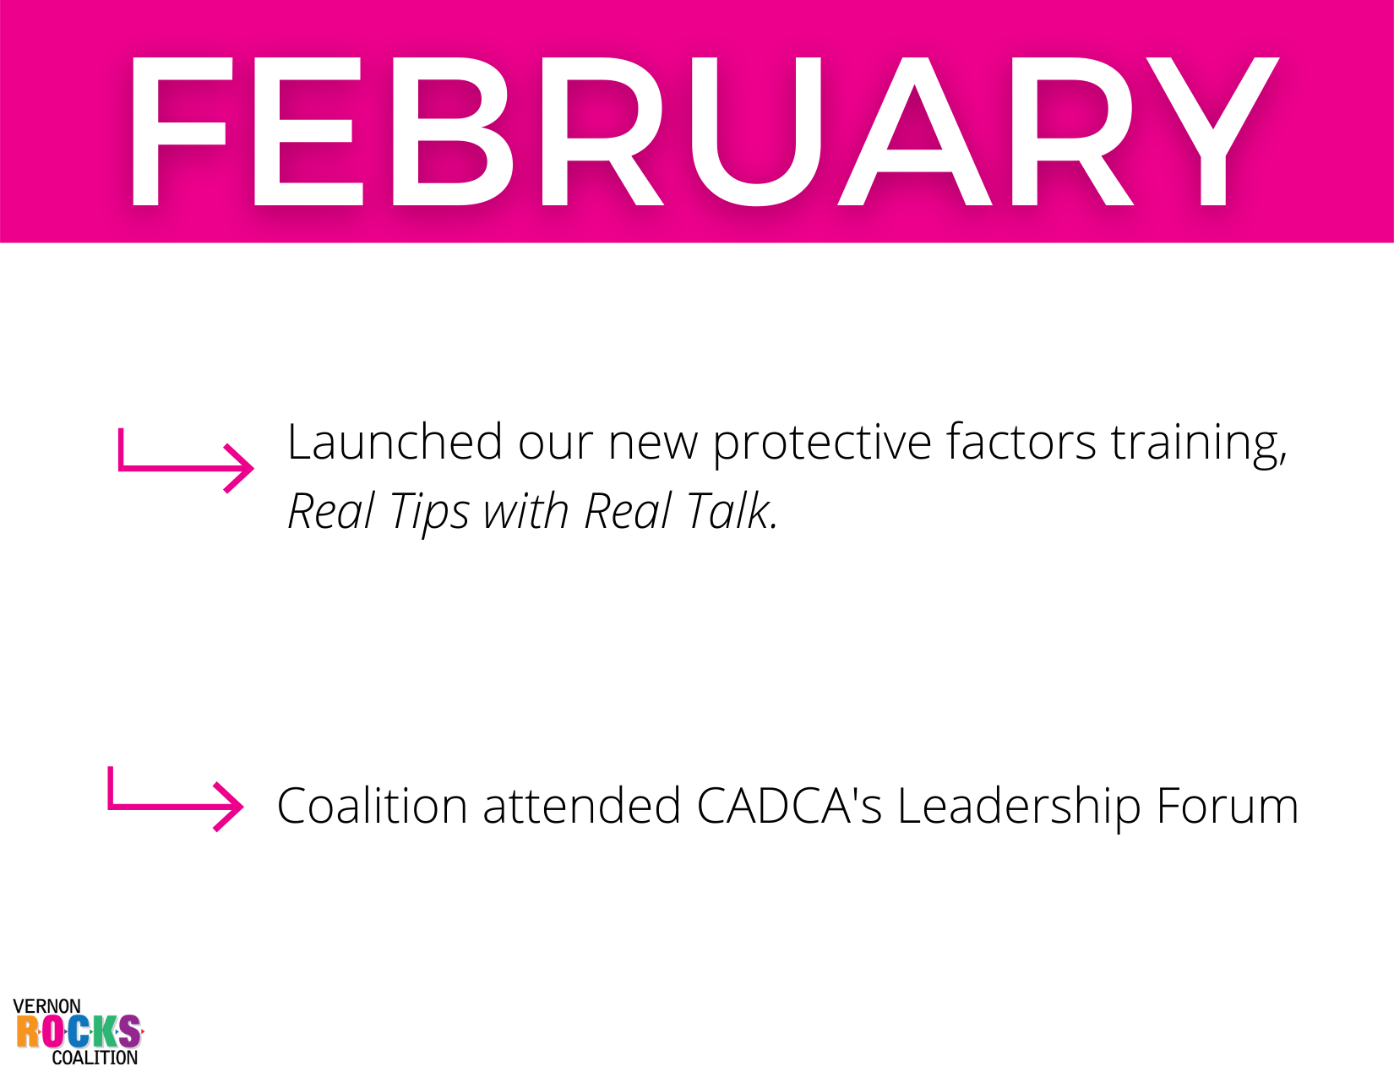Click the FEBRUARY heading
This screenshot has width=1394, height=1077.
tap(705, 131)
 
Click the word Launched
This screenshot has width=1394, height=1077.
tap(394, 442)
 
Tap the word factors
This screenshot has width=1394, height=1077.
tap(1021, 442)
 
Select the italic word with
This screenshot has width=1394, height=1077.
tap(526, 510)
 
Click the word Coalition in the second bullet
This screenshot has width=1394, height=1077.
tap(372, 806)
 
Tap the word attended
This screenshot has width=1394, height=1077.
tap(582, 806)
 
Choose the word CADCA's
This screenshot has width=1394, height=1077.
tap(789, 806)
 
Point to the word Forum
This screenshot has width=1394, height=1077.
tap(1228, 806)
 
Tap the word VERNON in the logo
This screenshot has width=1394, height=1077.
tap(46, 1006)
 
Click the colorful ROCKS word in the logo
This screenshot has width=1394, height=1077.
tap(79, 1031)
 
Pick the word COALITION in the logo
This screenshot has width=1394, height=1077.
tap(95, 1057)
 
